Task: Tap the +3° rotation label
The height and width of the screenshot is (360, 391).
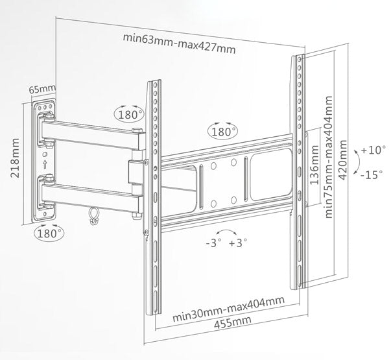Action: pos(239,245)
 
